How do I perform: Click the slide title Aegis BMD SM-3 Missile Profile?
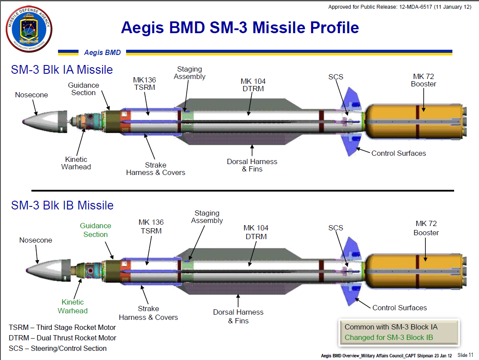239,28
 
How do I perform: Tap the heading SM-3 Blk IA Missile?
62,70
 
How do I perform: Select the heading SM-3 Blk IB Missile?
62,206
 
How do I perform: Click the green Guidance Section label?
96,230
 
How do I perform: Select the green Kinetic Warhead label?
73,306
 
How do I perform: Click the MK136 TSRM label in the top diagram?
144,84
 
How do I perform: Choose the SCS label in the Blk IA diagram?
336,77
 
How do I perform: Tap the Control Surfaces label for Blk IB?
399,308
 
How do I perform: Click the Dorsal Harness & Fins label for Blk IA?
252,165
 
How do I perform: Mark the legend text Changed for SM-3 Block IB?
389,337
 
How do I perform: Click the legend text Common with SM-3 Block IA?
391,327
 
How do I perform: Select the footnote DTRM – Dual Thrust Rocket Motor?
62,338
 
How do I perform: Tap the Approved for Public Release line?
400,7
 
